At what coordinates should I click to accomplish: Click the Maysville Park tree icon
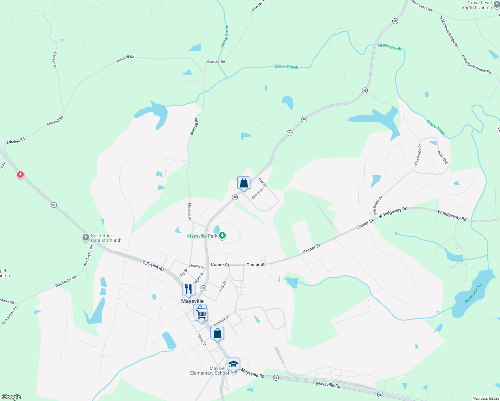222,236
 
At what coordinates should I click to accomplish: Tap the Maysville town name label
192,301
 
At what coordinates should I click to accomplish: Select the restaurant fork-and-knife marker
189,289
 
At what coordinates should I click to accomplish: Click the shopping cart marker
202,314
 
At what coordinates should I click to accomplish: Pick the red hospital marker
20,174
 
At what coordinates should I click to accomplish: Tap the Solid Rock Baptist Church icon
86,238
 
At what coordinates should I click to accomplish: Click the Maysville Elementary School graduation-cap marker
233,364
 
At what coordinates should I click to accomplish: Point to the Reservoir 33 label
474,293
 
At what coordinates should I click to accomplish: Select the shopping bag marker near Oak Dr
244,183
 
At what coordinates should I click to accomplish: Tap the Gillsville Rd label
153,266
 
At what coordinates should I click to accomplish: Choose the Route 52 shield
54,205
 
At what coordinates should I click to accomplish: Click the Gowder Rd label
216,61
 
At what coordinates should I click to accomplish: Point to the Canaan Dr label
55,60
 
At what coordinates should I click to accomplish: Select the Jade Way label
443,157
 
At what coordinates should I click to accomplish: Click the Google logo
11,397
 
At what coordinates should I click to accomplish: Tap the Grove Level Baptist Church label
477,5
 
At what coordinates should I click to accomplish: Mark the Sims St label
202,340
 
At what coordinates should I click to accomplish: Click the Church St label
197,266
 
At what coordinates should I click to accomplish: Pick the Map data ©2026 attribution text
485,398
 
